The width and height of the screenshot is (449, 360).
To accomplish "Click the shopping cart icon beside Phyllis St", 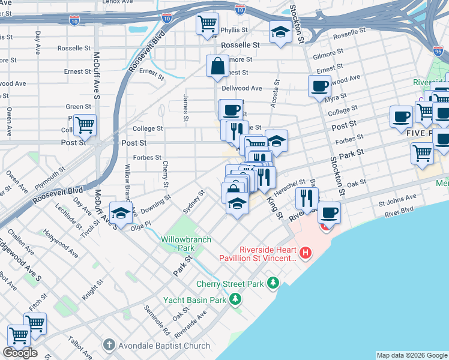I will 207,25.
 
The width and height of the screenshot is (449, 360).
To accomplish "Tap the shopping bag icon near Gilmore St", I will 217,65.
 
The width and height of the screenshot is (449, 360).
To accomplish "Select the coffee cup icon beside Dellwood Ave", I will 319,85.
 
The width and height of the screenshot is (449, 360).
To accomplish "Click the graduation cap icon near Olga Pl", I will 121,213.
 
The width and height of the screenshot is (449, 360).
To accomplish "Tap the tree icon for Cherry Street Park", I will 273,283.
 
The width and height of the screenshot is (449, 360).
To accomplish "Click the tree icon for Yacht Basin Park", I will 236,299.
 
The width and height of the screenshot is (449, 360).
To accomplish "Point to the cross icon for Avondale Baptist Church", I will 109,345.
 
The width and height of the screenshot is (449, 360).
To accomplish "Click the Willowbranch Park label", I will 186,243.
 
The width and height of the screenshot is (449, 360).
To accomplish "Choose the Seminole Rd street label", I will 157,319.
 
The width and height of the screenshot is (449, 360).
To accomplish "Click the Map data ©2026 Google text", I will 412,355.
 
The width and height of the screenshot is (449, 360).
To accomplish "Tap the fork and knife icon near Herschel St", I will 306,198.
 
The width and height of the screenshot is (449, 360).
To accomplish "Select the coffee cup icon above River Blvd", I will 329,212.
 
